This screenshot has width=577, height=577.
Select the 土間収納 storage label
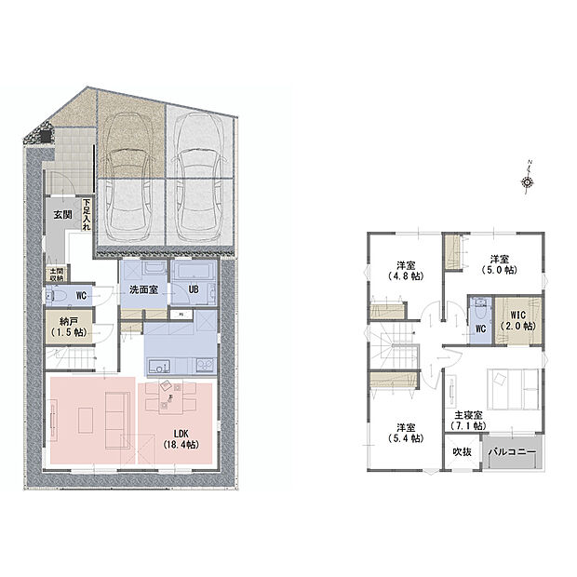(57, 274)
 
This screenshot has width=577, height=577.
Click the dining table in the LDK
(171, 397)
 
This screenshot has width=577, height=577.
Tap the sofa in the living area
(117, 419)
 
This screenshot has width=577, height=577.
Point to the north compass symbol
(528, 181)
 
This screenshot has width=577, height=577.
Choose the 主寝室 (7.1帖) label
(464, 420)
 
